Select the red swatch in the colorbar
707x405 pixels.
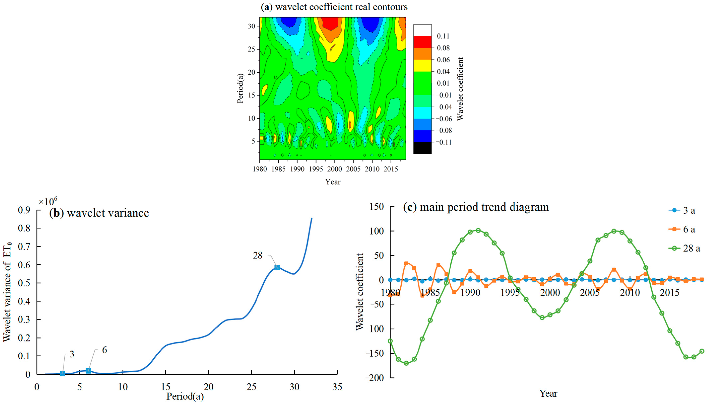[422, 42]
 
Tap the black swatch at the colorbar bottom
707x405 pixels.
[422, 148]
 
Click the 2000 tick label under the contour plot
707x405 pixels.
[334, 169]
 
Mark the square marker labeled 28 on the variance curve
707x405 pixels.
[277, 268]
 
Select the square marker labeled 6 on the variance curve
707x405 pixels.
[88, 371]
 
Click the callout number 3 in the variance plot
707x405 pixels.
[72, 354]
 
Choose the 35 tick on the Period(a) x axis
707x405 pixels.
[337, 387]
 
